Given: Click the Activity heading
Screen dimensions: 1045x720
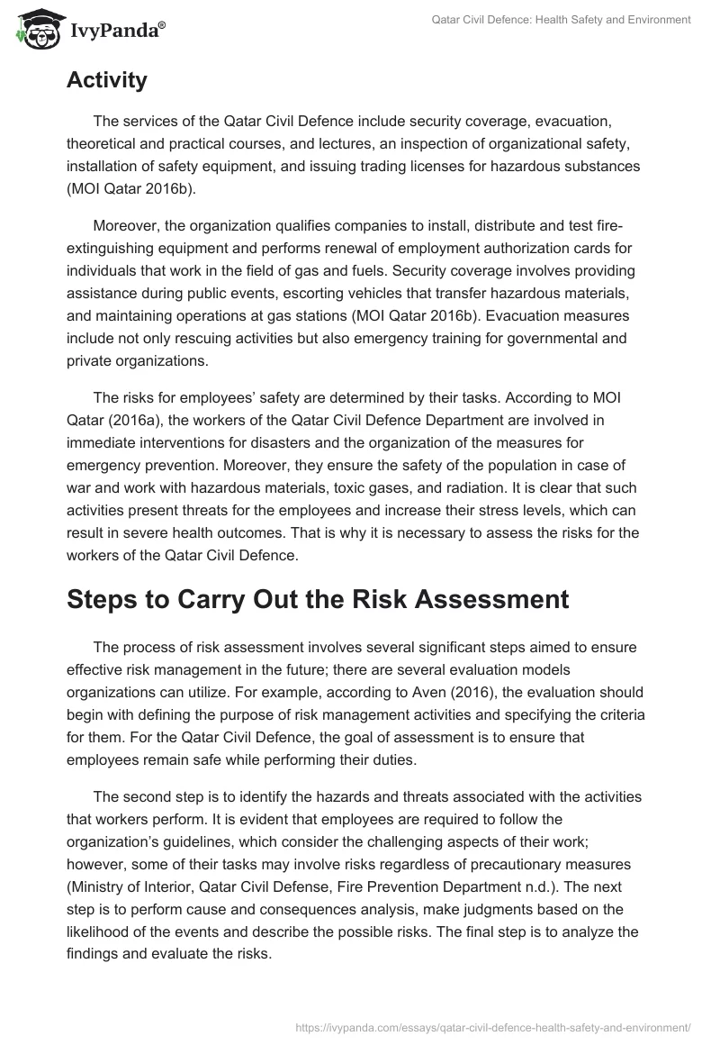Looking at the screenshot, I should click(x=106, y=80).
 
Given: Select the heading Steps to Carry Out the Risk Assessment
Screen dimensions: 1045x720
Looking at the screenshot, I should click(x=318, y=600).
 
